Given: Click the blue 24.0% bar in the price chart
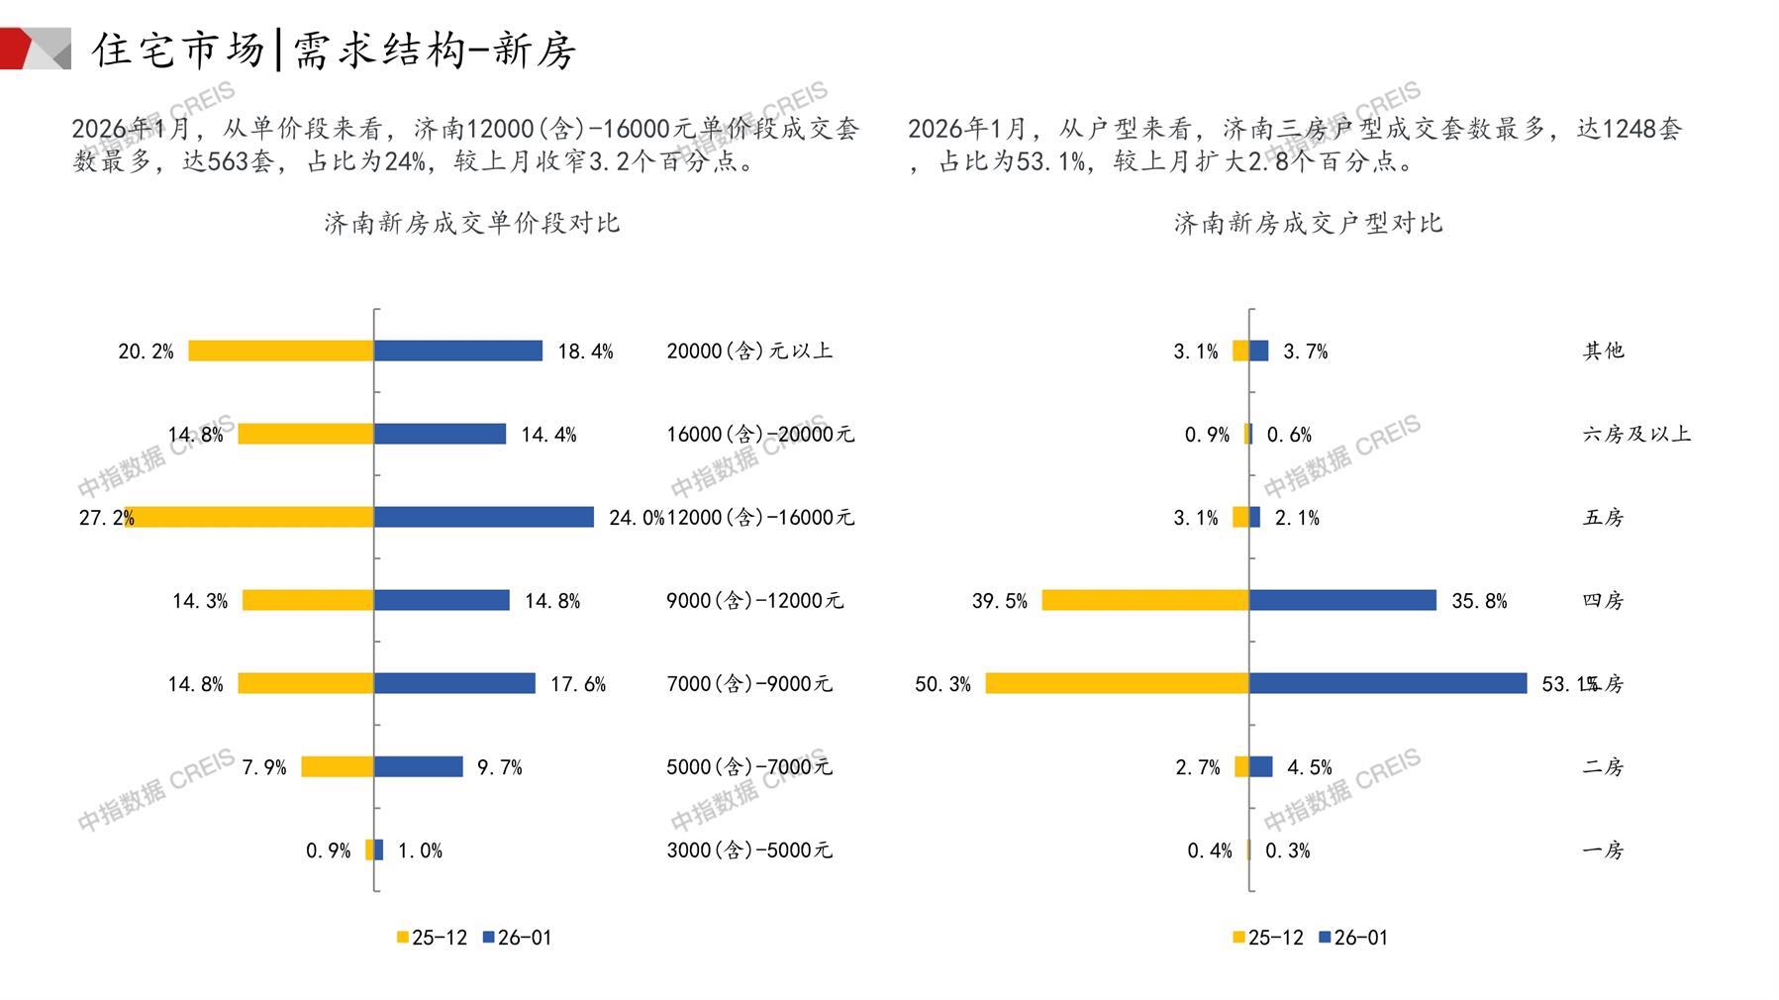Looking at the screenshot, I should pos(483,517).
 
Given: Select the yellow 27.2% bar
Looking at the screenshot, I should pos(249,517).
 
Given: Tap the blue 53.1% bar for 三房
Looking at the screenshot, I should pos(1387,683).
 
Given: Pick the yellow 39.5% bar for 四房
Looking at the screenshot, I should pos(1144,600).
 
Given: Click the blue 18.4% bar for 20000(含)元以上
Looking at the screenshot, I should pos(457,350).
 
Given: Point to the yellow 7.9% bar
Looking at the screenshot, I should pos(337,766).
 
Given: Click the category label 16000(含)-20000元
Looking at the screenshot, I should pos(759,434).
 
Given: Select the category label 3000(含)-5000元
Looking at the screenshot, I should pos(748,850).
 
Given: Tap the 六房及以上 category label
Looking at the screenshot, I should pos(1635,434).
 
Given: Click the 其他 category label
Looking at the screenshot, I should pos(1603,350).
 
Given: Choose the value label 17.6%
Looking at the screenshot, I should pos(578,684).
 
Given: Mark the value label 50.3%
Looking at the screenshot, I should pos(942,684).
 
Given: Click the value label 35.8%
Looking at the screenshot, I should pos(1479,601).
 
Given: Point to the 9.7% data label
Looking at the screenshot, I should pos(499,767).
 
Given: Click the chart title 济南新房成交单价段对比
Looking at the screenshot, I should pos(471,223).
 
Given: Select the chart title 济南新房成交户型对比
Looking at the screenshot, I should pos(1308,223).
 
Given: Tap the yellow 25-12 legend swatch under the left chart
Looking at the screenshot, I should pos(403,938).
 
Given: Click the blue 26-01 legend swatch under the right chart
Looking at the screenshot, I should pos(1325,938).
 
